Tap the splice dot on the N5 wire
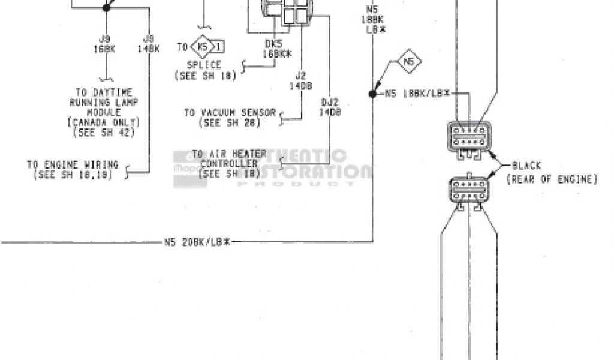click(372, 94)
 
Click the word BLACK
click(526, 166)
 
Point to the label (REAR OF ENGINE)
click(552, 179)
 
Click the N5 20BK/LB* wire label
click(197, 242)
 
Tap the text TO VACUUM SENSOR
click(230, 112)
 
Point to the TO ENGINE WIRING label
click(73, 164)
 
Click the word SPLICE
click(204, 65)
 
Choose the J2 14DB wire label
click(300, 81)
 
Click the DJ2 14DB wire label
click(330, 107)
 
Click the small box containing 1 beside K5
click(219, 47)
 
